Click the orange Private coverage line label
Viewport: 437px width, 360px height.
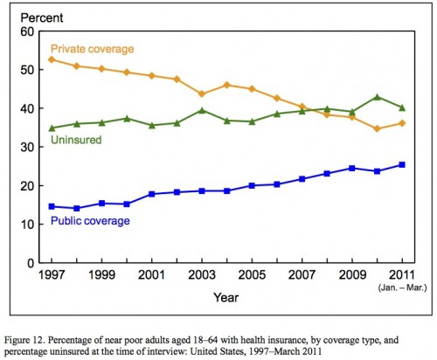coord(92,49)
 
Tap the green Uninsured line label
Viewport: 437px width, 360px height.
coord(76,140)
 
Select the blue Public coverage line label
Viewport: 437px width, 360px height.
coord(90,221)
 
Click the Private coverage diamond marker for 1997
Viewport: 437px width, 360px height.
coord(52,59)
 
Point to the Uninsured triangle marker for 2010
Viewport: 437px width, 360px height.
coord(378,97)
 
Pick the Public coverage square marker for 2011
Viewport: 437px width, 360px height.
coord(402,165)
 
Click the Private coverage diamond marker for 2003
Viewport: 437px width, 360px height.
coord(202,93)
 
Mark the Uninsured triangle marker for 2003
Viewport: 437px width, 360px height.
coord(202,110)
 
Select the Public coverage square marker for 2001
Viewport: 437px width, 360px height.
coord(152,194)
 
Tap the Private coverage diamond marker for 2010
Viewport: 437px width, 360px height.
coord(378,128)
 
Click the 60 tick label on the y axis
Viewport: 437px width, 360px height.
coord(27,31)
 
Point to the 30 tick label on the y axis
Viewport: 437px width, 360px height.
coord(27,147)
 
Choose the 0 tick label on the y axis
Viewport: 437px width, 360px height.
coord(31,263)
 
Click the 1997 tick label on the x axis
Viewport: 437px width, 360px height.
coord(52,274)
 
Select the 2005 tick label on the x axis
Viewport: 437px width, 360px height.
coord(252,274)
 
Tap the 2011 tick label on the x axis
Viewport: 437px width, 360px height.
coord(402,274)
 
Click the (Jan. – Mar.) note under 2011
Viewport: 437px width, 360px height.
coord(402,287)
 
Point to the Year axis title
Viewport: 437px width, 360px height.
coord(226,297)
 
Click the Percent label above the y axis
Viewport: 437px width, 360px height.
coord(42,18)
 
